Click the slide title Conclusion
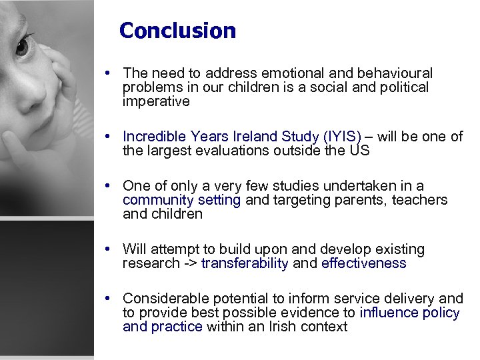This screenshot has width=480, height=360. [177, 31]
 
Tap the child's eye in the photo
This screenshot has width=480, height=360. [22, 46]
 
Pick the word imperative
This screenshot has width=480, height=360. [156, 101]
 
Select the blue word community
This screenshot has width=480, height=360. [157, 200]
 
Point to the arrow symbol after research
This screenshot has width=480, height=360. [190, 263]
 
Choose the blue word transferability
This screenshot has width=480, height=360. [245, 263]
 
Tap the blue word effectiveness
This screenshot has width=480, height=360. [363, 263]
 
